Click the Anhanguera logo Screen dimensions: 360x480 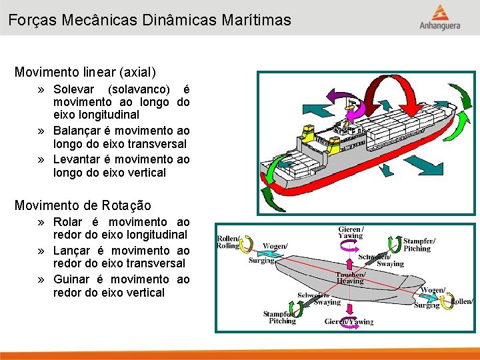(x=439, y=17)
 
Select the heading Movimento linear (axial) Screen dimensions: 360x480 (x=85, y=71)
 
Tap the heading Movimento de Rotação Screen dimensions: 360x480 (x=83, y=205)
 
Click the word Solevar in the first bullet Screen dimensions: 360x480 (x=75, y=89)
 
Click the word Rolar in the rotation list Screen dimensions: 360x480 (x=68, y=221)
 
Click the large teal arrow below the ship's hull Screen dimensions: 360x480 (x=427, y=165)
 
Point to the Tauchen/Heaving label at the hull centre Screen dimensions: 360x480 (x=351, y=277)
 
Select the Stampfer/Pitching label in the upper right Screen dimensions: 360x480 (x=419, y=244)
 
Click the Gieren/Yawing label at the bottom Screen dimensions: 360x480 (x=349, y=322)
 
